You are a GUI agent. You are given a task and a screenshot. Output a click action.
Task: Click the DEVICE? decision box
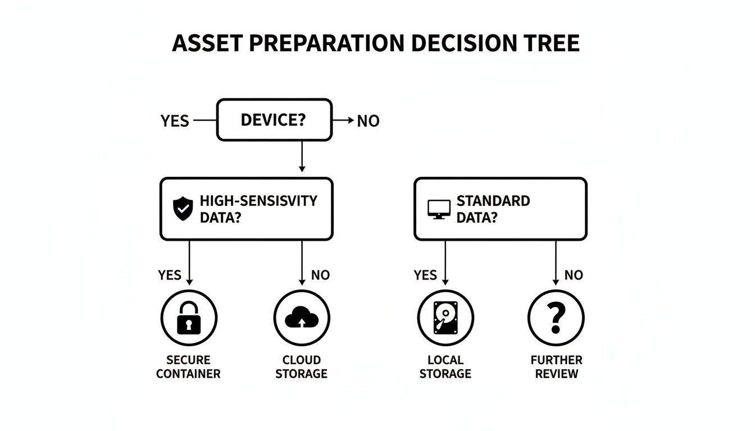click(274, 120)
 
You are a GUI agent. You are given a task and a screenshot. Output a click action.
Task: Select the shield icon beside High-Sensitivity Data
click(183, 209)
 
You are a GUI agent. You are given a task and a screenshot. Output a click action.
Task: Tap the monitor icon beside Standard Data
click(439, 209)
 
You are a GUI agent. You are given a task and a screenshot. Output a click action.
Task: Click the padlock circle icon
click(189, 318)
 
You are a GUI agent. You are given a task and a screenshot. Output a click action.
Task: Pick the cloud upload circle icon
click(302, 318)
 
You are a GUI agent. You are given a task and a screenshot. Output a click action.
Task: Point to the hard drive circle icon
click(445, 318)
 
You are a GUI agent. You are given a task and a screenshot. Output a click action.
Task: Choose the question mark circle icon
click(556, 318)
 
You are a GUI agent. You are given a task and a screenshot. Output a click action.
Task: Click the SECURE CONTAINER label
click(188, 367)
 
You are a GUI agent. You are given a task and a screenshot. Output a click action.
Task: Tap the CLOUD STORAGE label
click(301, 367)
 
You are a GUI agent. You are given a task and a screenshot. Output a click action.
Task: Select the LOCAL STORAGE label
click(445, 367)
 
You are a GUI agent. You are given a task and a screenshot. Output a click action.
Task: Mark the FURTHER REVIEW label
click(556, 367)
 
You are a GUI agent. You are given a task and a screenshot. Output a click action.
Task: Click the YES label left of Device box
click(175, 121)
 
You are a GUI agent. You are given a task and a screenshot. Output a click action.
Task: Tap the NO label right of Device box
click(368, 121)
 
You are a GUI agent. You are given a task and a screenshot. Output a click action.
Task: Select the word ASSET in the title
click(206, 43)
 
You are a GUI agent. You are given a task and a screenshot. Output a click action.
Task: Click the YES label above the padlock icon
click(170, 275)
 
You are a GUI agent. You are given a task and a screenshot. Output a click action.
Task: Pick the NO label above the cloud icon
click(320, 275)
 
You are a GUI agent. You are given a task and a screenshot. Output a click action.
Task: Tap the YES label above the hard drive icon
click(425, 275)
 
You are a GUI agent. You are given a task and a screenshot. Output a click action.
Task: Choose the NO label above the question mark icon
click(574, 275)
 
